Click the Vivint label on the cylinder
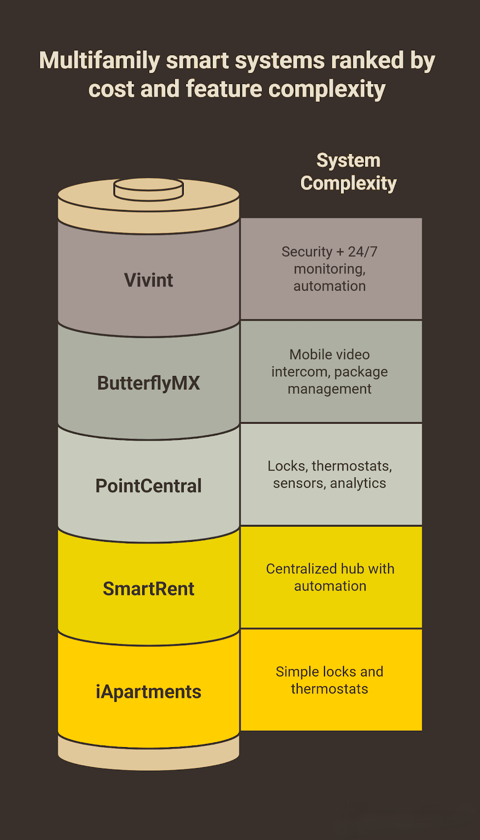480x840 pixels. tap(149, 280)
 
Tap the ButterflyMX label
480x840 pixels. tap(149, 383)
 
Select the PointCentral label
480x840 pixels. tap(149, 486)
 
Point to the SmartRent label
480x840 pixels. tap(149, 589)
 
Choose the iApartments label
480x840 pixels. tap(149, 691)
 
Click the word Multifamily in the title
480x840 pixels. tap(99, 61)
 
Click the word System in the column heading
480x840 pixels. tap(348, 160)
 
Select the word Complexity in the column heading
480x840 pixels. tap(348, 183)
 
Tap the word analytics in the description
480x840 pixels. tap(358, 483)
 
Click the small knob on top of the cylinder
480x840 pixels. tap(149, 189)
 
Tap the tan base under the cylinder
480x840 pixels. tap(149, 756)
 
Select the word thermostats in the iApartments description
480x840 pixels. tap(330, 689)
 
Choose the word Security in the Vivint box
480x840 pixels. tap(307, 251)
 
